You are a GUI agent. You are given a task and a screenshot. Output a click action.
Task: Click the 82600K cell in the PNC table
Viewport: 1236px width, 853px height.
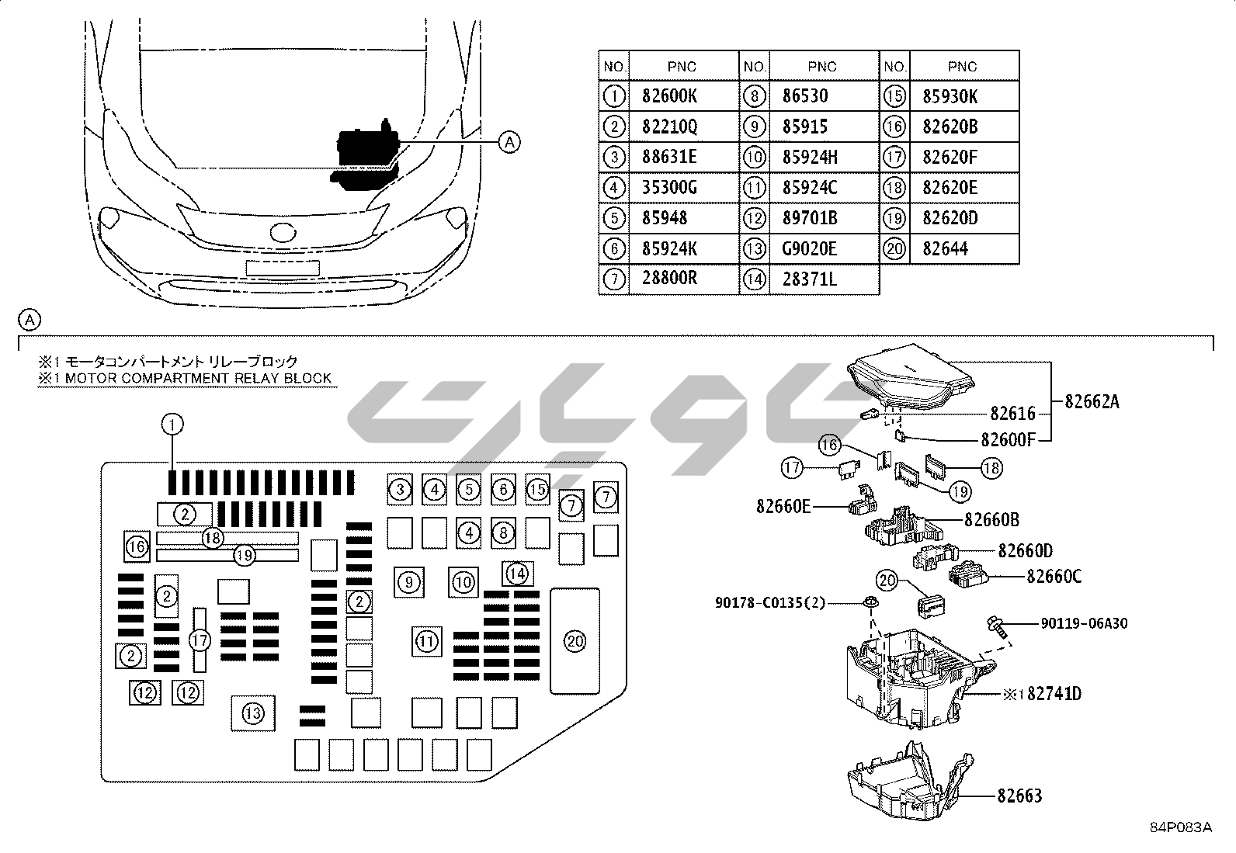[669, 96]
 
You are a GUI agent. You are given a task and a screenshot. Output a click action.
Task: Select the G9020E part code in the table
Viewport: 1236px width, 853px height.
[810, 249]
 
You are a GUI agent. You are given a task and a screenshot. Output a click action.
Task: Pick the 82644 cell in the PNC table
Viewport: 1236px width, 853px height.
[945, 249]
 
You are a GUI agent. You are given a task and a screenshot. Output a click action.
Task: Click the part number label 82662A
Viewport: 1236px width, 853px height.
[1092, 402]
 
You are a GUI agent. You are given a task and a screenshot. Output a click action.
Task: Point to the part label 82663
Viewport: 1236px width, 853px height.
[1019, 796]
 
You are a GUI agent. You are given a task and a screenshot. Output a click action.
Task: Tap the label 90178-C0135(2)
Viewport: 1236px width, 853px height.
[770, 603]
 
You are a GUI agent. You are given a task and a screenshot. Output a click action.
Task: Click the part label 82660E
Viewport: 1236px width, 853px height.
[783, 507]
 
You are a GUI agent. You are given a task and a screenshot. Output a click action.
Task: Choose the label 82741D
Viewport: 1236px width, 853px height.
[1054, 693]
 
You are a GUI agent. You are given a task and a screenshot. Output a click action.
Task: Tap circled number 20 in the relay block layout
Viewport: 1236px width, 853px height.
[575, 641]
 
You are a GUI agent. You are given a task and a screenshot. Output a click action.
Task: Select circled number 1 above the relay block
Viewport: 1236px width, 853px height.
[172, 424]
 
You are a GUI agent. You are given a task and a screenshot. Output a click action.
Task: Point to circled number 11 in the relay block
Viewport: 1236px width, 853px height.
[426, 641]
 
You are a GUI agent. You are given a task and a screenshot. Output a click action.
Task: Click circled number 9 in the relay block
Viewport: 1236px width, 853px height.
[409, 581]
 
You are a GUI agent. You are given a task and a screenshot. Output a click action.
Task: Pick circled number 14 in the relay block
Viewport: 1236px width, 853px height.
[517, 574]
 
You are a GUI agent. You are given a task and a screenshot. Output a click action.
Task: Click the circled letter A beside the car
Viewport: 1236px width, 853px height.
[509, 141]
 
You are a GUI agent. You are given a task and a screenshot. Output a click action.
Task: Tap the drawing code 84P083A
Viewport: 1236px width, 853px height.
[1181, 827]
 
